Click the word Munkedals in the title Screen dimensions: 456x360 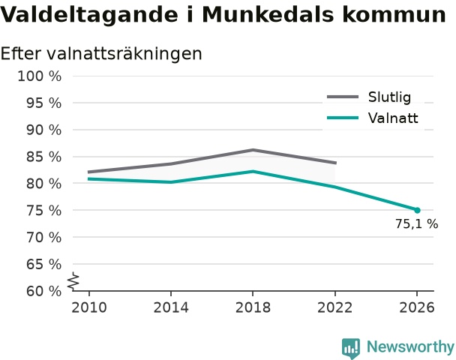pyautogui.click(x=268, y=14)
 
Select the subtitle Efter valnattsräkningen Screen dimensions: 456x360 pyautogui.click(x=101, y=55)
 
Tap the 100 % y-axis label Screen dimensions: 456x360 pyautogui.click(x=40, y=76)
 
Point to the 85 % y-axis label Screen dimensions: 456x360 pyautogui.click(x=44, y=157)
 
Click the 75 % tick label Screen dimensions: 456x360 pyautogui.click(x=44, y=211)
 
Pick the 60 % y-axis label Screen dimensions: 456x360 pyautogui.click(x=44, y=291)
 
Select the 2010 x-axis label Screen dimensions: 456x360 pyautogui.click(x=89, y=307)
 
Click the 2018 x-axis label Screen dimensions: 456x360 pyautogui.click(x=253, y=307)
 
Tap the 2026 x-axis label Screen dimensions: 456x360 pyautogui.click(x=417, y=307)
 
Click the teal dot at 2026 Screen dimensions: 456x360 pyautogui.click(x=417, y=210)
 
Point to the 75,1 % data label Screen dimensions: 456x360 pyautogui.click(x=416, y=224)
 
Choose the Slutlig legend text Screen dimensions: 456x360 pyautogui.click(x=389, y=97)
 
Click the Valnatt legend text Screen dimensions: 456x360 pyautogui.click(x=393, y=118)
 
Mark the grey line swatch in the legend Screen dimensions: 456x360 pyautogui.click(x=343, y=97)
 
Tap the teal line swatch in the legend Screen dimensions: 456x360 pyautogui.click(x=343, y=118)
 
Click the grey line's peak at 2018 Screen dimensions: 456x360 pyautogui.click(x=253, y=150)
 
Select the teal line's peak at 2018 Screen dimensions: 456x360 pyautogui.click(x=253, y=171)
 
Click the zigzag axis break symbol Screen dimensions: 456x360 pyautogui.click(x=73, y=281)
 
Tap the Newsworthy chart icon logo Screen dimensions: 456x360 pyautogui.click(x=351, y=348)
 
